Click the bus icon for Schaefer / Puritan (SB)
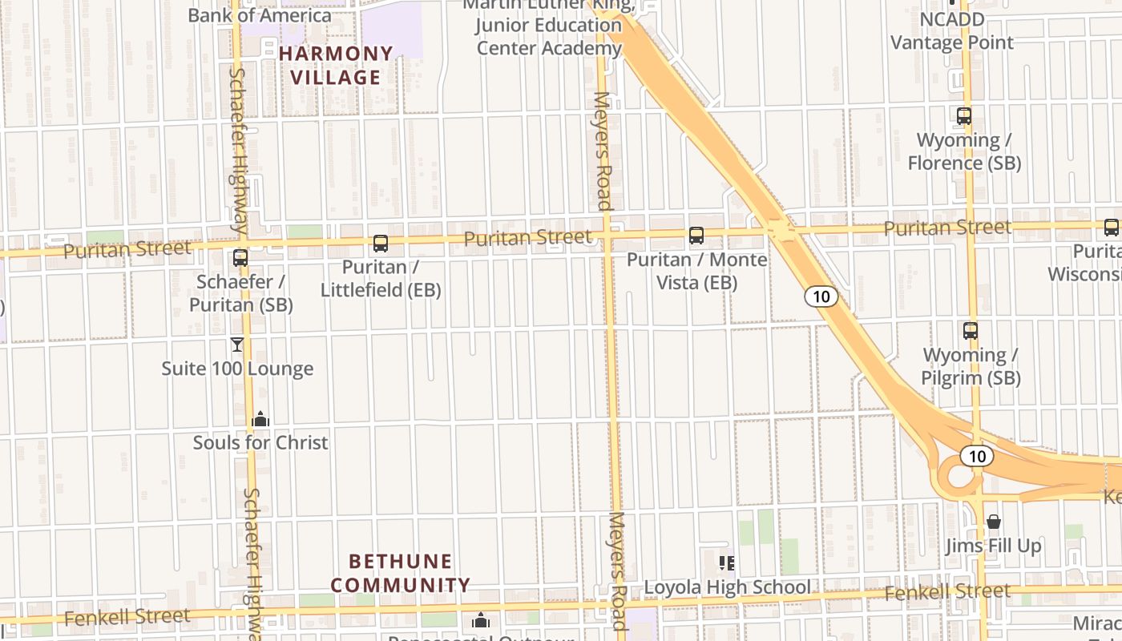(240, 258)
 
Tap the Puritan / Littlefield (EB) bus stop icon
(381, 243)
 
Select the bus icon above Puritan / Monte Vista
(696, 236)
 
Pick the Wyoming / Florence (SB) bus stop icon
(964, 116)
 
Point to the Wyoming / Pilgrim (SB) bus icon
(971, 330)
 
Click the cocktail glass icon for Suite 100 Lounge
(237, 345)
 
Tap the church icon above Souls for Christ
(260, 419)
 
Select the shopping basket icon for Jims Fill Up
(994, 522)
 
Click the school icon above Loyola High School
(727, 563)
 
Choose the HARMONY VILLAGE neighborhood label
(337, 66)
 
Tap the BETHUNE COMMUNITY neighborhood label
(400, 573)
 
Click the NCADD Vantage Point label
(952, 30)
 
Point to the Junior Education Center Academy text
(549, 36)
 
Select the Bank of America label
(259, 15)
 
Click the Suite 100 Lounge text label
(237, 369)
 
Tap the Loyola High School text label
(727, 587)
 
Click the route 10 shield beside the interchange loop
(976, 456)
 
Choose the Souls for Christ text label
(260, 442)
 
